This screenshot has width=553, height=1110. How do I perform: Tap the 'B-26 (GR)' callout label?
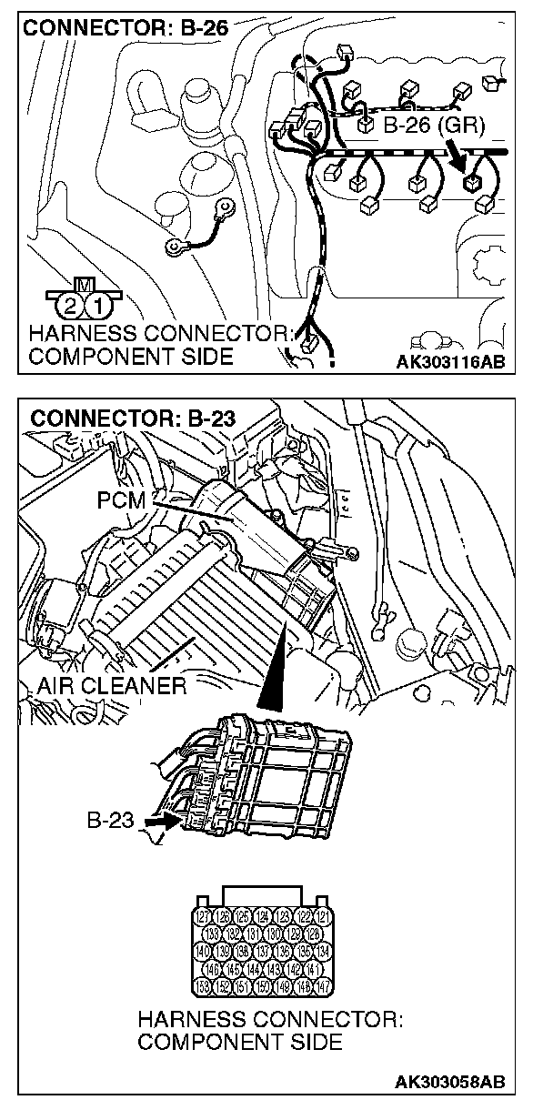[434, 126]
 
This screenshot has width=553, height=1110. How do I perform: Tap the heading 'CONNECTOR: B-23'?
[133, 419]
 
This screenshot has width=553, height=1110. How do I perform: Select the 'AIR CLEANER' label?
[112, 685]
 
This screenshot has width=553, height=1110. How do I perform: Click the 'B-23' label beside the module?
[110, 821]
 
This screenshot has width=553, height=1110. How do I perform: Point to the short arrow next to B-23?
[156, 821]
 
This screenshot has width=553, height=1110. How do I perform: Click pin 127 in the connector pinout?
[204, 916]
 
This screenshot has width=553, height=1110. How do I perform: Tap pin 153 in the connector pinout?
[204, 987]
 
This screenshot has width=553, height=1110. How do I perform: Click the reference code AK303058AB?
[449, 1082]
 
